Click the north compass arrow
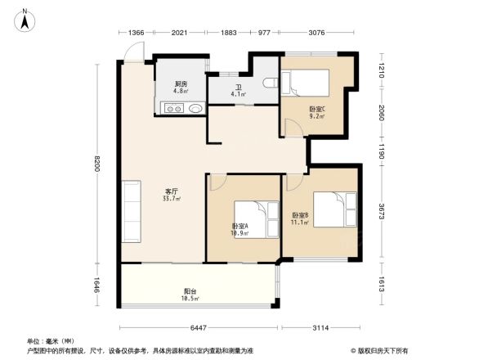tap(25, 19)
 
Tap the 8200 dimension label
tap(96, 164)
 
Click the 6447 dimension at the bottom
tap(198, 327)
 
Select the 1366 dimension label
tap(137, 34)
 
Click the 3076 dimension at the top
tap(317, 34)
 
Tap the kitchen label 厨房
tap(180, 84)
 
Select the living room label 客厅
tap(171, 192)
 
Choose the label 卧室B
tap(300, 217)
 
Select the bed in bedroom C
tap(306, 83)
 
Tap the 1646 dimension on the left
tap(96, 286)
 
